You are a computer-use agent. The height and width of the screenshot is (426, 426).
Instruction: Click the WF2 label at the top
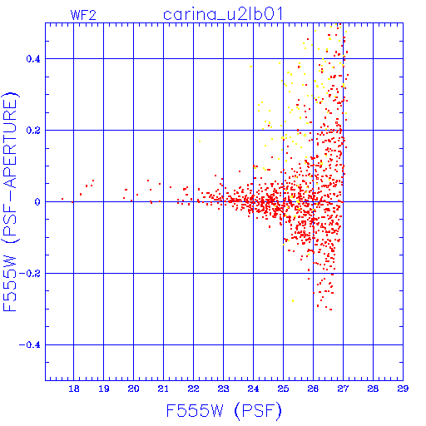83,15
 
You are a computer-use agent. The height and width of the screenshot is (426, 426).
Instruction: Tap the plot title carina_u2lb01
223,14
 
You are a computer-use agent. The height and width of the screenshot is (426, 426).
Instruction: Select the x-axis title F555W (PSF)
224,411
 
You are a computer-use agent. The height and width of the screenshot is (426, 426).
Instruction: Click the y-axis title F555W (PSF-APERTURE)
10,202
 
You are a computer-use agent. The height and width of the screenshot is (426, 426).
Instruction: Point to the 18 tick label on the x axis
74,389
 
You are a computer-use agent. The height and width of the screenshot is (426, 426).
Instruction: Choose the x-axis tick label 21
163,389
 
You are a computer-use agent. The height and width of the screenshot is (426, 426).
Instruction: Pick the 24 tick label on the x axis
253,389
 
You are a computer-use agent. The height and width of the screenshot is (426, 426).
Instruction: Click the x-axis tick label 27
343,389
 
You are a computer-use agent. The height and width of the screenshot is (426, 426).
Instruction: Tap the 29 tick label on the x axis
403,389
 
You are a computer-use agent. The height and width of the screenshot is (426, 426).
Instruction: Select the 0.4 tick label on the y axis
33,59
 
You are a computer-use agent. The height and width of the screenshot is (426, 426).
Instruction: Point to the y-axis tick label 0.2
33,131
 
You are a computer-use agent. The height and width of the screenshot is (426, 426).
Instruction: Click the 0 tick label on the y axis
37,202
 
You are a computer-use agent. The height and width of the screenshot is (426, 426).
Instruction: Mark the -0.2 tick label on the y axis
29,274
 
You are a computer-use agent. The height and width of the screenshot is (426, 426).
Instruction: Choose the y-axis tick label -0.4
29,345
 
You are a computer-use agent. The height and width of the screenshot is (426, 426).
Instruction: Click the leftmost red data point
62,199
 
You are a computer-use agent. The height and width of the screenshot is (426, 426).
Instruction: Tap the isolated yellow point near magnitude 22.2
200,141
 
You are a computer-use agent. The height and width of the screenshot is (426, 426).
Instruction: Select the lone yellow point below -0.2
293,300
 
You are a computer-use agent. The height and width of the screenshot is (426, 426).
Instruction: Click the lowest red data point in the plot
330,310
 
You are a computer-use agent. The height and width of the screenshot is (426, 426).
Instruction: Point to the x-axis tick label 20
133,389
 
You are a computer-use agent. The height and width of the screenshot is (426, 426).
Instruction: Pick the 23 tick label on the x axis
223,389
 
